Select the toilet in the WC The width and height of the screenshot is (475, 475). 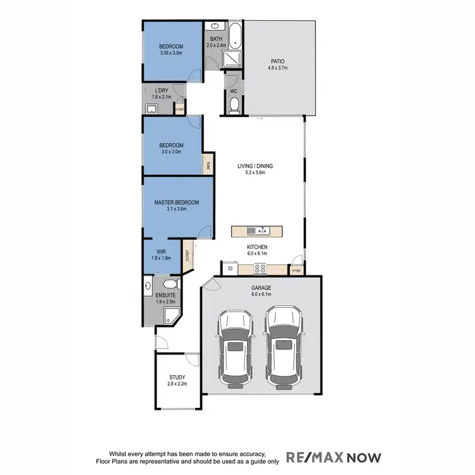point(233,104)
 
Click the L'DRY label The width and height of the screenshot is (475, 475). point(161,91)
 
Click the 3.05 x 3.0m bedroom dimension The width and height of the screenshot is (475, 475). point(171,53)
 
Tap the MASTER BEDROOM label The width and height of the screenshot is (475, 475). point(177,203)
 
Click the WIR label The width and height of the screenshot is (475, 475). point(161,251)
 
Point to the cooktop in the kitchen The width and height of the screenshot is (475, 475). point(260,269)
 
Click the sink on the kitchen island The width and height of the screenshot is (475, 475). point(261,231)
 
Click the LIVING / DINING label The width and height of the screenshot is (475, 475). point(255,166)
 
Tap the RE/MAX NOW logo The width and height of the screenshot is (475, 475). point(334,456)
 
